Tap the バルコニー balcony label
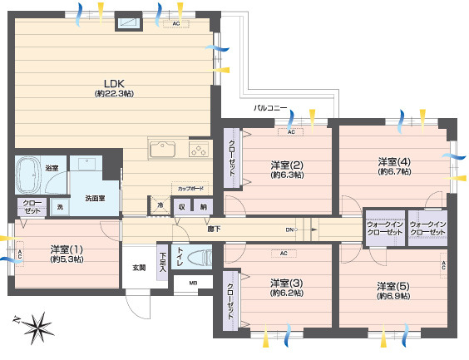(x=270, y=109)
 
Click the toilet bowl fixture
(x=198, y=259)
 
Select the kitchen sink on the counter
(x=163, y=150)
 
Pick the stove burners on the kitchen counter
(x=199, y=150)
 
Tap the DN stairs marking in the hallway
(x=289, y=229)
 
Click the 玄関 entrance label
(x=138, y=268)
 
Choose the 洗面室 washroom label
(x=94, y=199)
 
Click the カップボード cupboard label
(x=188, y=188)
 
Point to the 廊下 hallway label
(x=213, y=228)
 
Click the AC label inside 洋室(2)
(x=291, y=132)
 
